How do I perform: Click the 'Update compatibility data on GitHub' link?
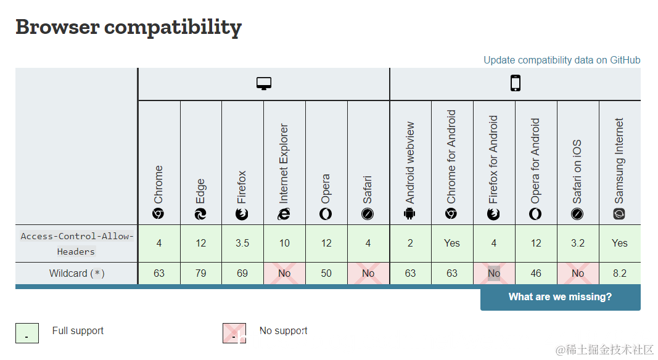(562, 60)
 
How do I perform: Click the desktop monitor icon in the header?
(264, 84)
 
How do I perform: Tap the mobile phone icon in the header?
(516, 83)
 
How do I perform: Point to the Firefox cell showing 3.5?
(242, 243)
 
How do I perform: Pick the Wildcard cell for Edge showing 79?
(201, 273)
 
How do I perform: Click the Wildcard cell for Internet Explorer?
(284, 273)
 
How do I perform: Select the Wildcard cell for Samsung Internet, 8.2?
(620, 273)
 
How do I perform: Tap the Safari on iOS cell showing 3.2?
(578, 243)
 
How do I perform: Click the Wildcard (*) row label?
(77, 273)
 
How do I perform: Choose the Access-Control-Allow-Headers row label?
(77, 243)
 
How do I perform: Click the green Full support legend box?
(27, 333)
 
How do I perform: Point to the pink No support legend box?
(234, 333)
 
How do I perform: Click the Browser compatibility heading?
(128, 27)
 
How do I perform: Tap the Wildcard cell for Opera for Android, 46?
(536, 273)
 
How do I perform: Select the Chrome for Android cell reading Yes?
(452, 243)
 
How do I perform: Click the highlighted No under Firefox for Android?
(494, 273)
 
